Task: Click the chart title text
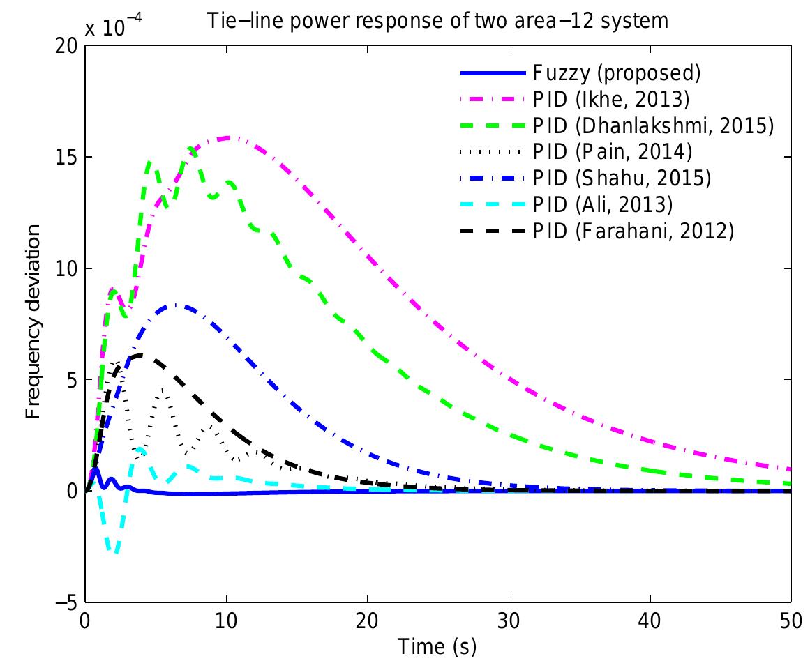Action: click(437, 22)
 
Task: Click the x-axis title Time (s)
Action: click(437, 647)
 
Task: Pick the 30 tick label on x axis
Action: click(509, 620)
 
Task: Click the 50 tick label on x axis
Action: click(790, 620)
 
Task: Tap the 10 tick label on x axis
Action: click(226, 620)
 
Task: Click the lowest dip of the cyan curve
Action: click(115, 552)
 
